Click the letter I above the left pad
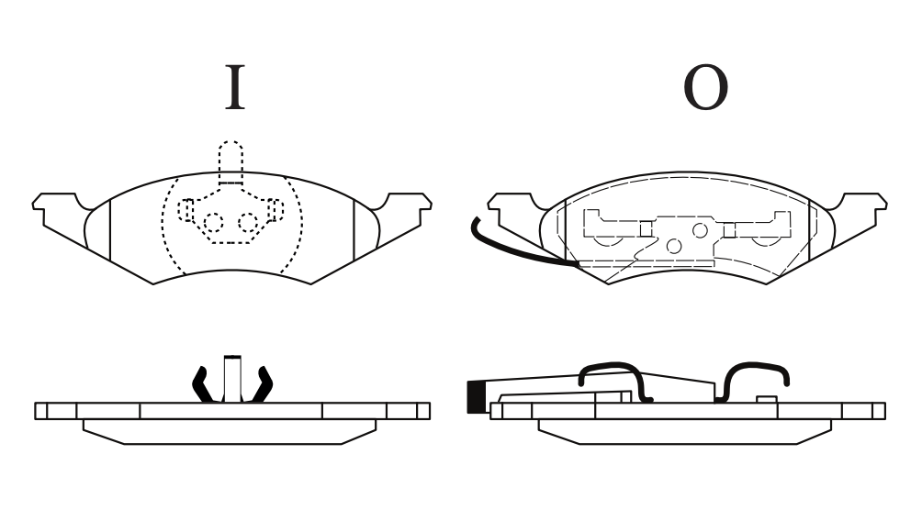(235, 87)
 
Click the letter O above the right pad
(705, 87)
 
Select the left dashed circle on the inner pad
(213, 223)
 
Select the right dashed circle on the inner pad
(248, 223)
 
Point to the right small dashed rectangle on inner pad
(274, 210)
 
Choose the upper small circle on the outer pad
(700, 230)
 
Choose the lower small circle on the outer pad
(674, 246)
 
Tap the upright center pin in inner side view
(232, 379)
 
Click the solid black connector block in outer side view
(475, 397)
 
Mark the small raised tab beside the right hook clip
(767, 399)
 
